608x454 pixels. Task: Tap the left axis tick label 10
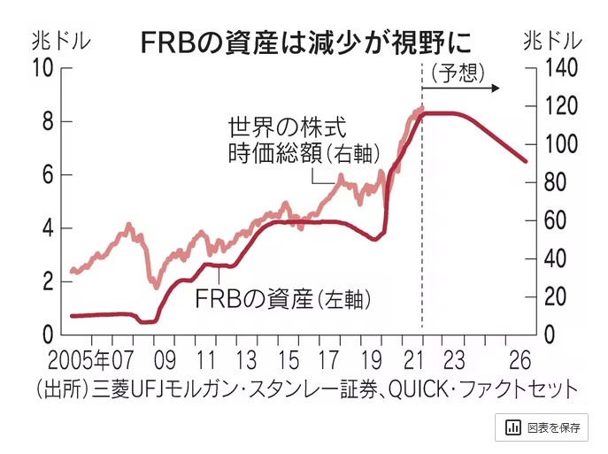coord(42,68)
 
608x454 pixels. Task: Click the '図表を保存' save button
coord(543,427)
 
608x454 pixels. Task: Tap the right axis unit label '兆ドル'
coord(554,41)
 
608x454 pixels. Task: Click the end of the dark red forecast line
coord(526,161)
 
